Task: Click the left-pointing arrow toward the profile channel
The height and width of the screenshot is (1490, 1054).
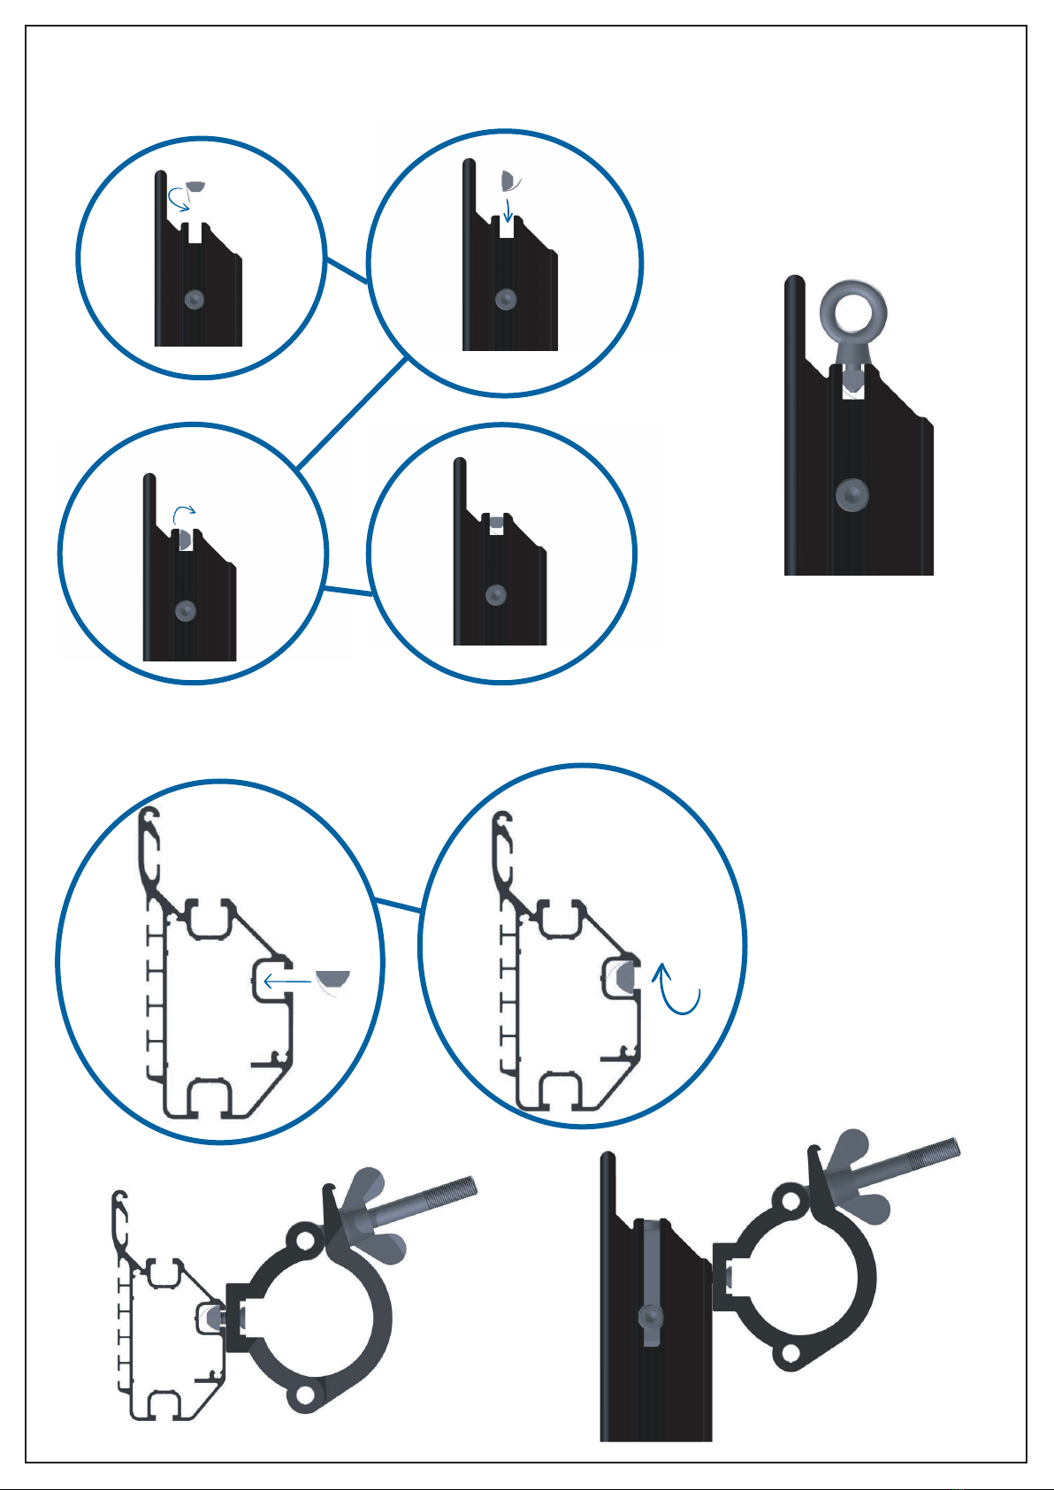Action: [x=288, y=981]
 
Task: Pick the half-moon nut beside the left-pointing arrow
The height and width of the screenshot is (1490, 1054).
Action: [x=334, y=979]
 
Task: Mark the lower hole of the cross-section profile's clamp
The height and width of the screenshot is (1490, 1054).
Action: [x=305, y=1394]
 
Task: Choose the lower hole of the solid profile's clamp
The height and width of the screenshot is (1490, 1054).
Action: [x=790, y=1352]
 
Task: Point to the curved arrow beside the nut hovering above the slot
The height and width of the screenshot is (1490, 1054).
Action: [x=179, y=201]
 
